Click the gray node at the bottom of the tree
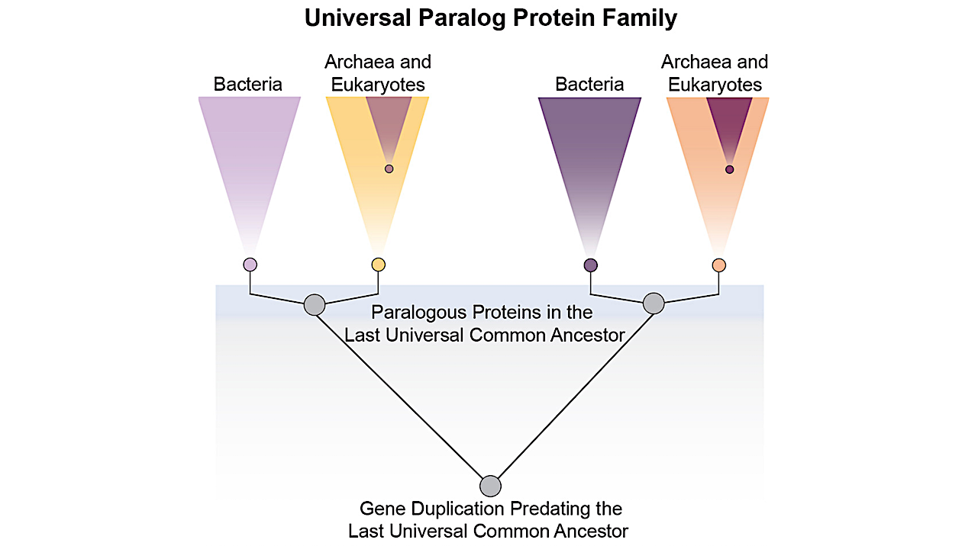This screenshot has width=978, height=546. tap(490, 486)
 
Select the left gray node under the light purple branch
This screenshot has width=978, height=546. tap(315, 304)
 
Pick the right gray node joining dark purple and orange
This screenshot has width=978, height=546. tap(654, 304)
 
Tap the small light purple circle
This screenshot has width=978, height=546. tap(250, 265)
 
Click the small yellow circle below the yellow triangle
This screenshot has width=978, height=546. tap(378, 265)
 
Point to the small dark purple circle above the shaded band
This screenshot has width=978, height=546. tap(590, 265)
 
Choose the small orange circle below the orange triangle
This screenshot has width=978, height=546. tap(718, 265)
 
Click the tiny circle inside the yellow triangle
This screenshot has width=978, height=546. tap(389, 169)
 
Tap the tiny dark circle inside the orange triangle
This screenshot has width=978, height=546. tap(729, 169)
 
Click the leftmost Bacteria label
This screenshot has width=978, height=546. tap(247, 85)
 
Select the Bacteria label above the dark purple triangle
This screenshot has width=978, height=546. tap(589, 85)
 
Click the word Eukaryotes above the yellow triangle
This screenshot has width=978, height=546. tap(378, 85)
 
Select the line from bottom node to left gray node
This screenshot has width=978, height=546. tap(402, 395)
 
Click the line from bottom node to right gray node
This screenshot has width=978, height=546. tap(572, 395)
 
